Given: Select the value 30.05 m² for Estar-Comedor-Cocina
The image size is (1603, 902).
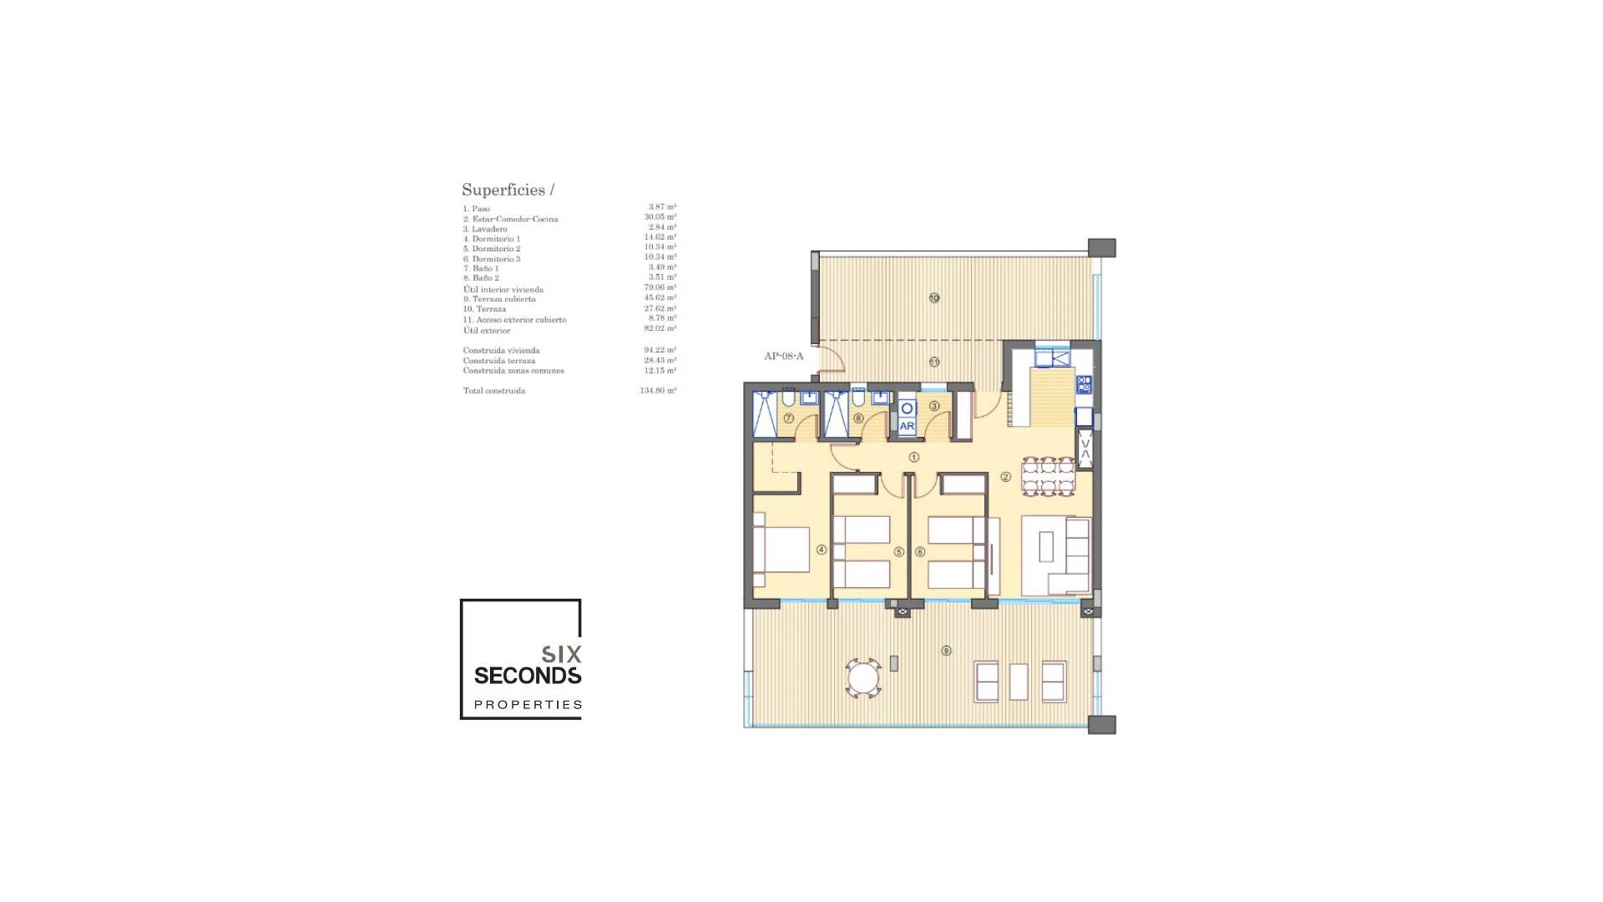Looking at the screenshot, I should click(x=660, y=217).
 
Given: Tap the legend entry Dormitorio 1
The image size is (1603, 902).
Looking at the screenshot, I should click(x=492, y=239).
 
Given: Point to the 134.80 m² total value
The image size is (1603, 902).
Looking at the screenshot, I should click(x=658, y=391).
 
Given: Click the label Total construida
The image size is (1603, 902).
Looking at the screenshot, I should click(x=494, y=391).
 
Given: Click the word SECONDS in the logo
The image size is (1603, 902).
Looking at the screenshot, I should click(x=528, y=675).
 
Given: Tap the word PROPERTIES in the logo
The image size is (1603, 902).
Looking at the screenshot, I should click(x=528, y=705).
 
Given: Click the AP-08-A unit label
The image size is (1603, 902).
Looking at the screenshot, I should click(x=783, y=357).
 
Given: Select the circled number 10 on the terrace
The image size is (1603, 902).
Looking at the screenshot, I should click(x=934, y=298).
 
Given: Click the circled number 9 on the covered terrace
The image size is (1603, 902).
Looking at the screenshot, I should click(x=946, y=651).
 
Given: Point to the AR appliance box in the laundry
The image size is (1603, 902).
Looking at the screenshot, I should click(x=908, y=426).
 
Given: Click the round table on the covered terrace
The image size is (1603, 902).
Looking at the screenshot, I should click(x=863, y=677).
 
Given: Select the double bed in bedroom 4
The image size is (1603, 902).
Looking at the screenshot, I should click(x=782, y=549).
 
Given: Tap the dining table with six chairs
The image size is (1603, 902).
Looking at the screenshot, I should click(x=1049, y=476).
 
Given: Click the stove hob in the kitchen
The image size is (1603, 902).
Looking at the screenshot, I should click(x=1084, y=385).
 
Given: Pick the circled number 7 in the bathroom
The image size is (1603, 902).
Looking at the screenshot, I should click(x=788, y=418).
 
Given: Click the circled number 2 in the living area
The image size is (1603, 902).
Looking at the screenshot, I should click(x=1005, y=477).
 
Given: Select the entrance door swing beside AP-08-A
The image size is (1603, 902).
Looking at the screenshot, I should click(x=832, y=362).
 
